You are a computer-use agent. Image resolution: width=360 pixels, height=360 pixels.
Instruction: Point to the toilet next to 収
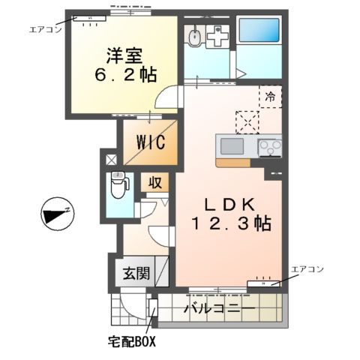pyautogui.click(x=118, y=185)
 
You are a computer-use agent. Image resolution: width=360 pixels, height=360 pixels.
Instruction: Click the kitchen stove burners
pyautogui.click(x=269, y=147)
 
